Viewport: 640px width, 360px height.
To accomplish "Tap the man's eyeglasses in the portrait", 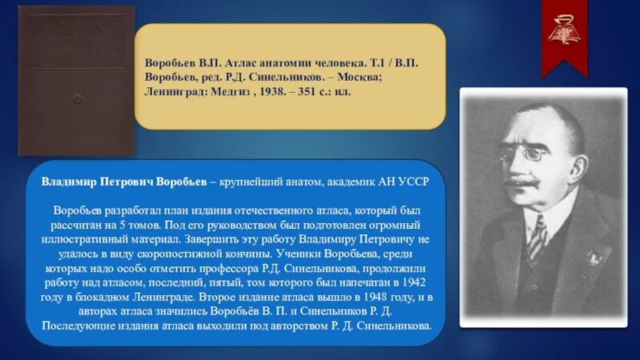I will coord(528,152).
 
